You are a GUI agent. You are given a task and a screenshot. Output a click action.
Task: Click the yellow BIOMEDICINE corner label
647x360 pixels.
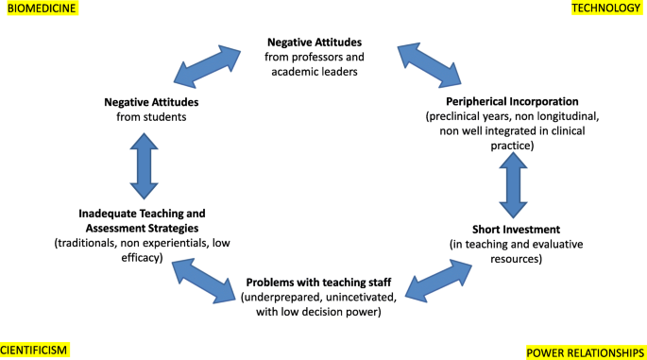[39, 9]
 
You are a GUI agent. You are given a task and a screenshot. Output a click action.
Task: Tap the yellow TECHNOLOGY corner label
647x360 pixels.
[607, 9]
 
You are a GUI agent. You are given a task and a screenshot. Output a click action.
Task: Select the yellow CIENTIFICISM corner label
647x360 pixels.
[35, 351]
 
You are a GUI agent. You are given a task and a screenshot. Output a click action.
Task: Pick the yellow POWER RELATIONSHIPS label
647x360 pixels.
[585, 352]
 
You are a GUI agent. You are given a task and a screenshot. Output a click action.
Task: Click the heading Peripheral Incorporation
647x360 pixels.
[512, 101]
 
